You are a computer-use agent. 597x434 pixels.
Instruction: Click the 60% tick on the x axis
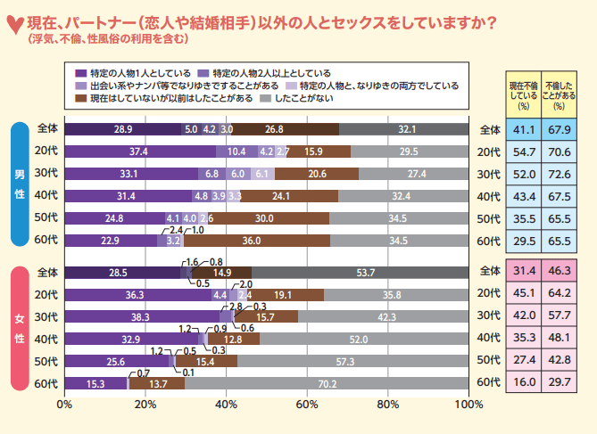(307, 404)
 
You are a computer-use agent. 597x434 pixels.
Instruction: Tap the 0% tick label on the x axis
(64, 404)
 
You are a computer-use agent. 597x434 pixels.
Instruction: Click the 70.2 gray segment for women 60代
(327, 383)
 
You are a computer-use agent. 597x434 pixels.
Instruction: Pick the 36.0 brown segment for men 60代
(257, 240)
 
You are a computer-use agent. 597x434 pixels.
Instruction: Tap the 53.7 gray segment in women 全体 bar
(360, 273)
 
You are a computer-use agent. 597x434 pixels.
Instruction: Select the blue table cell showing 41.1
(524, 129)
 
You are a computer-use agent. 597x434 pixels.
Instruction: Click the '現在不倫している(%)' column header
(524, 92)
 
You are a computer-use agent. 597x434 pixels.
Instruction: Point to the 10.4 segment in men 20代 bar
(236, 151)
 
